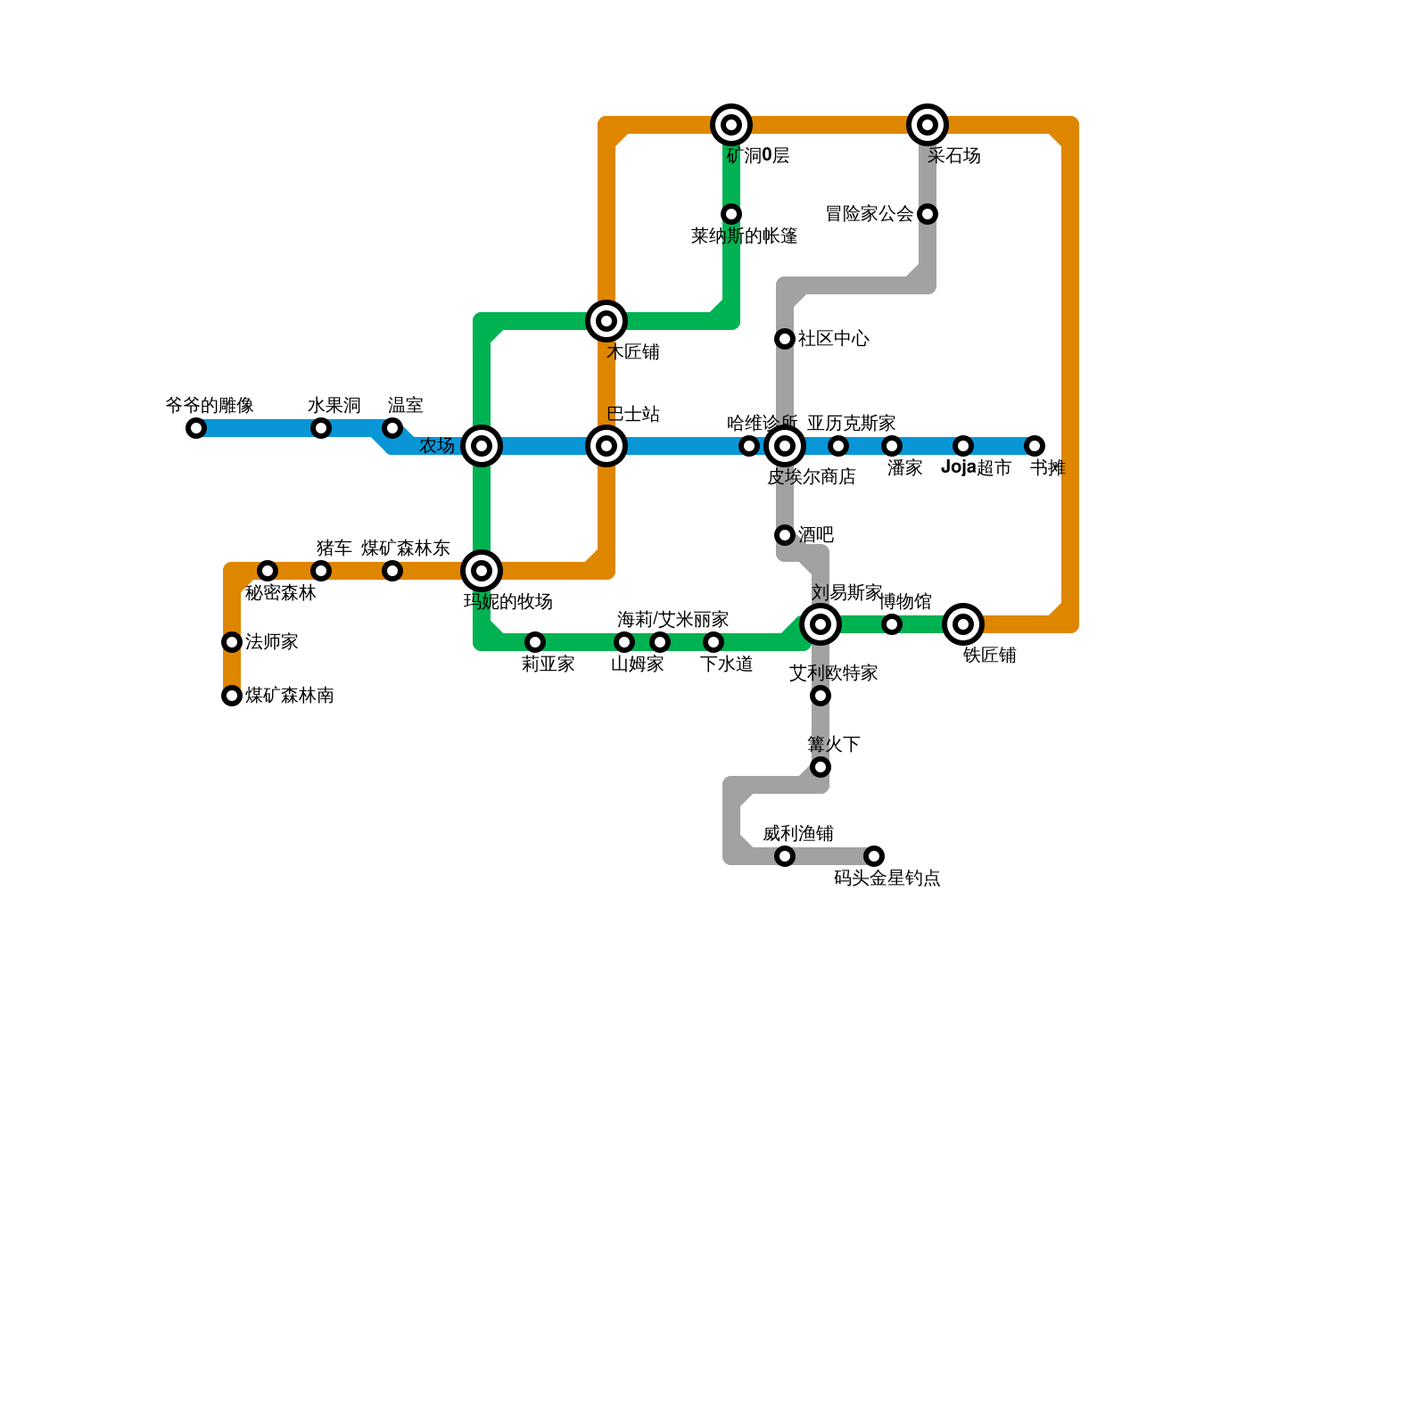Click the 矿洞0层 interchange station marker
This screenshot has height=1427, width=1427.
(x=731, y=125)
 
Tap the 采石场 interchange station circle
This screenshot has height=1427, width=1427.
(x=928, y=125)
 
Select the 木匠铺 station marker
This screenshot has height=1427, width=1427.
(x=606, y=321)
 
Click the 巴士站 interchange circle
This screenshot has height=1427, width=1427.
(x=606, y=446)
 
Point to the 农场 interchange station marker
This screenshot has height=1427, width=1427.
(x=482, y=446)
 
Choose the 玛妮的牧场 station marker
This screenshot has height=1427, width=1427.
(x=482, y=571)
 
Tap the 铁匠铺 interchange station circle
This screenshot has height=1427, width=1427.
(x=963, y=624)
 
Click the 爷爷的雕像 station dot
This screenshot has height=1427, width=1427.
(x=196, y=428)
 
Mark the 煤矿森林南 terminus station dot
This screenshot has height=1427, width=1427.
(x=232, y=696)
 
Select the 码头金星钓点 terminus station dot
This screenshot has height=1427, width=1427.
(x=874, y=856)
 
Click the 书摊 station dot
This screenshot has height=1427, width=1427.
(x=1035, y=446)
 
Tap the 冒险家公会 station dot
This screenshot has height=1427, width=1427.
(x=928, y=214)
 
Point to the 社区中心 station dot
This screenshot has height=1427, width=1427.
(x=785, y=339)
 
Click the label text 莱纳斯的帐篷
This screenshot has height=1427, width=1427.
(x=744, y=236)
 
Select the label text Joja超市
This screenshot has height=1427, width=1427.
(x=976, y=468)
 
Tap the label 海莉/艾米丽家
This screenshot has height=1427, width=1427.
(x=672, y=620)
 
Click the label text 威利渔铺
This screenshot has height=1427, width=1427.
(x=797, y=834)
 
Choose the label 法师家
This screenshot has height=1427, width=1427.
(x=271, y=642)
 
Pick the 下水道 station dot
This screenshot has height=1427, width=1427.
(x=713, y=642)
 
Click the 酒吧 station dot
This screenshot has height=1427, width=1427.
(x=785, y=535)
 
